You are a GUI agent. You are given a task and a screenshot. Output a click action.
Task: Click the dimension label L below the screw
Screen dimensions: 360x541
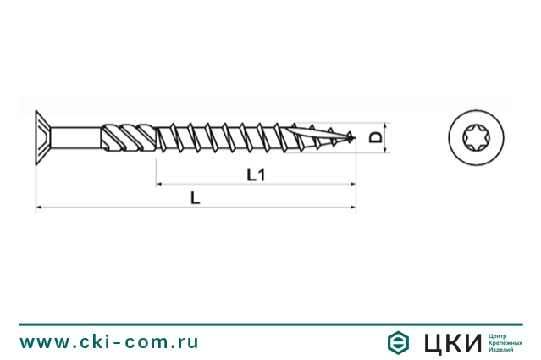195,197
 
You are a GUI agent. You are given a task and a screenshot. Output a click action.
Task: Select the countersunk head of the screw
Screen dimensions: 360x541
42,136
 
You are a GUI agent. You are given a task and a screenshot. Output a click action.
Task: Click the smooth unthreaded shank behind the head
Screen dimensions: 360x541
76,136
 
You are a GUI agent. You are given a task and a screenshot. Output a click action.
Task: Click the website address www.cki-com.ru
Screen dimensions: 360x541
109,341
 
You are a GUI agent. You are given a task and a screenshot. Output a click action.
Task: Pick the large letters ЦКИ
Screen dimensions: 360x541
450,341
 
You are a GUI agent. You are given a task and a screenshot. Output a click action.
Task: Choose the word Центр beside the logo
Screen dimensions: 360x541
500,335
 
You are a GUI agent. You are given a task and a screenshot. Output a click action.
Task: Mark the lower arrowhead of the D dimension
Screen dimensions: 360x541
386,150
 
